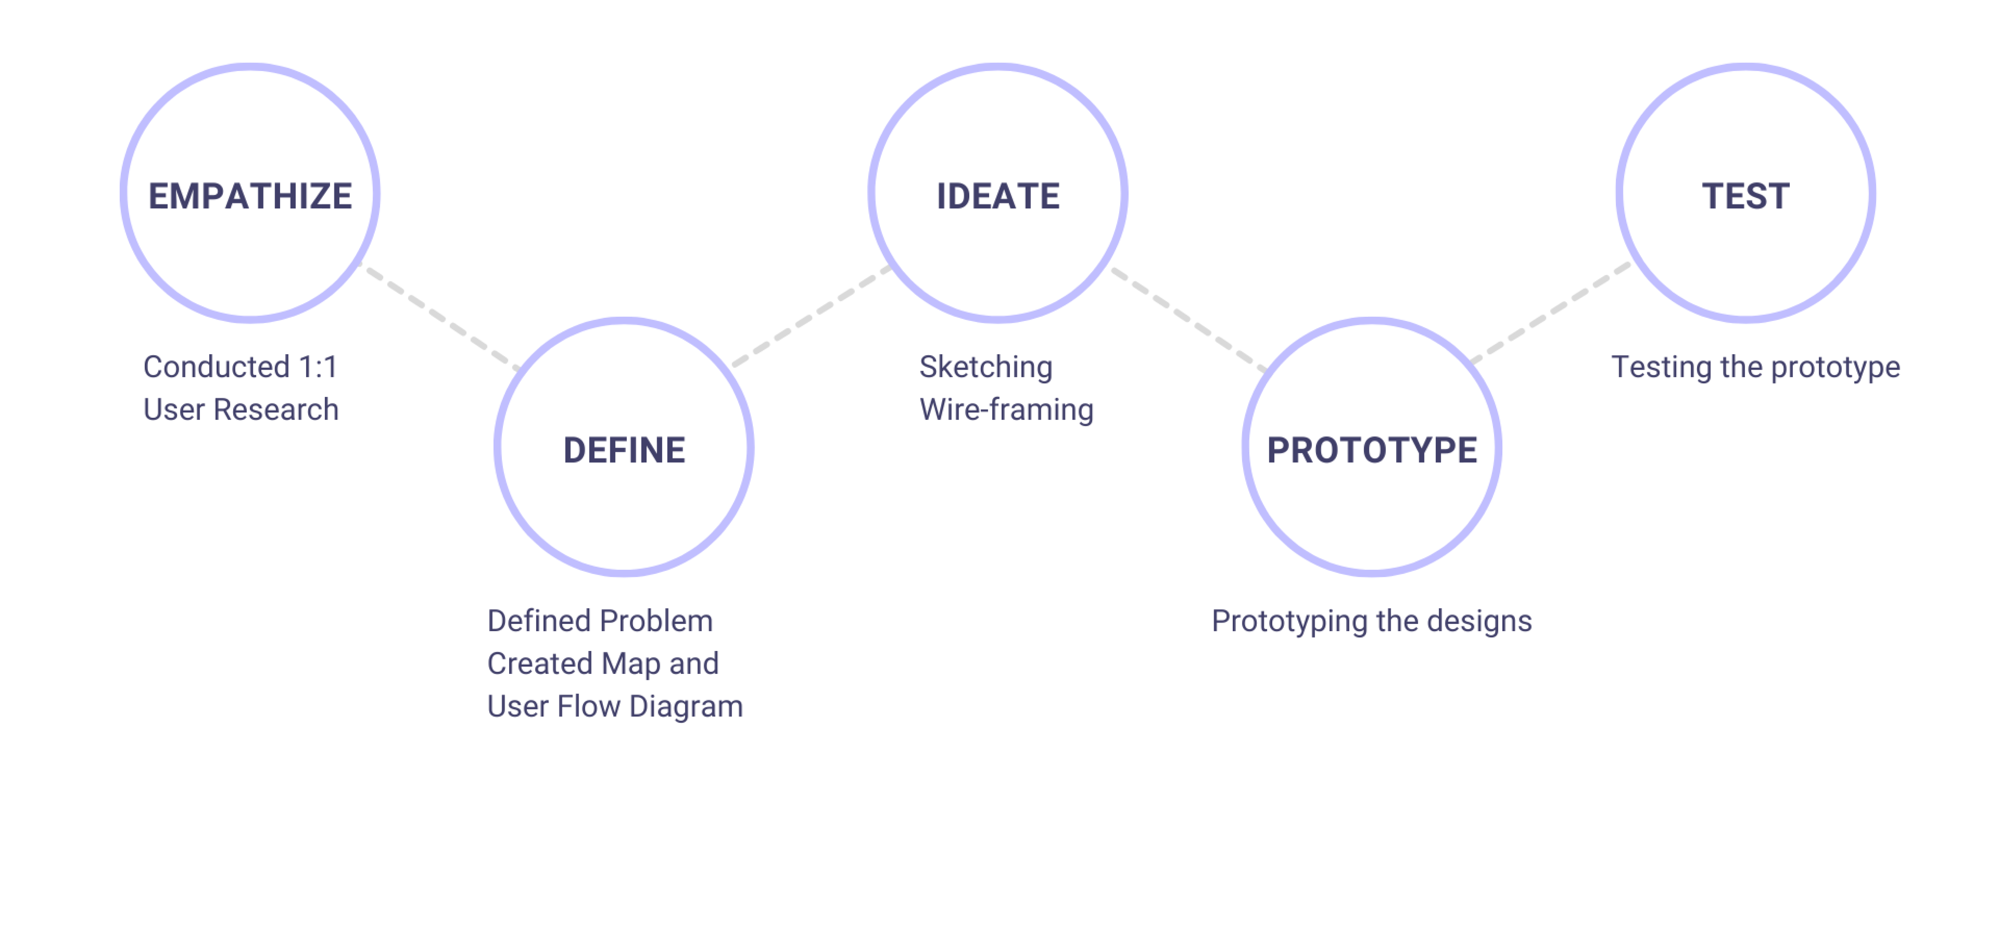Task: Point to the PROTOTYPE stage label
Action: [x=1372, y=450]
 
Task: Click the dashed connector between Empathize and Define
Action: [x=441, y=317]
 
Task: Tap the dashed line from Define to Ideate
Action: [x=812, y=316]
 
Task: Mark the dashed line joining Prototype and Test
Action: [x=1550, y=313]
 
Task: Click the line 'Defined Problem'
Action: [x=600, y=621]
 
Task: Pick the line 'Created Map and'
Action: [x=603, y=664]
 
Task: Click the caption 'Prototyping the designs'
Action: [x=1372, y=621]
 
